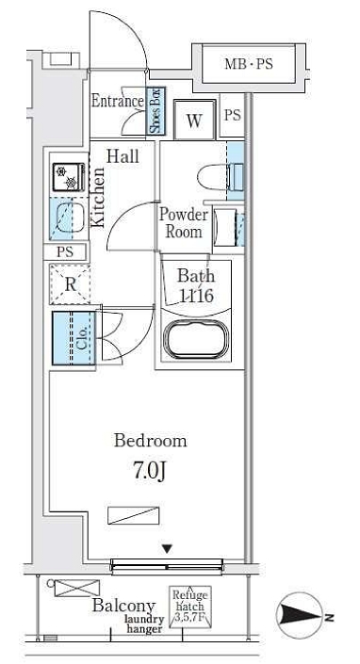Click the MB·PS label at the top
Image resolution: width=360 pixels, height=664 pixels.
click(x=249, y=64)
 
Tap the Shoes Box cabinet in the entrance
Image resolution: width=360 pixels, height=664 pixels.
click(x=155, y=111)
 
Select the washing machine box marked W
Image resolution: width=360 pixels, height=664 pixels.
click(x=194, y=121)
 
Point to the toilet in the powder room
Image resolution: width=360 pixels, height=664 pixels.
click(x=221, y=175)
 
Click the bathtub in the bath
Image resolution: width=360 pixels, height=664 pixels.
click(x=196, y=340)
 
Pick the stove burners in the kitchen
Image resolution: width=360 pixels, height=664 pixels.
click(x=69, y=177)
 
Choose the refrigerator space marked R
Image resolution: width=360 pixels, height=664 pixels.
click(x=70, y=284)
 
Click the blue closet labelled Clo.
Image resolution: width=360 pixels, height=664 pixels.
click(x=74, y=338)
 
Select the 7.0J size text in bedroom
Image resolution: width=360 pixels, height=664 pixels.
click(x=149, y=471)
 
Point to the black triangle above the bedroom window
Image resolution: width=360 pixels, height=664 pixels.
click(x=168, y=549)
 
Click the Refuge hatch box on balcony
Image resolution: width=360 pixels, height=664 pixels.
click(x=190, y=607)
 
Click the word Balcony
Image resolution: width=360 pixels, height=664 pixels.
click(x=123, y=606)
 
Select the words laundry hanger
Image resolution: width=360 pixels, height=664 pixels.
click(x=144, y=624)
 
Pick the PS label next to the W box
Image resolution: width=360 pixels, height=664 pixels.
click(x=232, y=115)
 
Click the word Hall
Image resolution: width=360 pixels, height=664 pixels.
click(x=123, y=156)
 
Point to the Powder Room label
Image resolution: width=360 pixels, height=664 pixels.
click(x=184, y=222)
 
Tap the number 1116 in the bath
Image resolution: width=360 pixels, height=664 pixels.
click(x=197, y=295)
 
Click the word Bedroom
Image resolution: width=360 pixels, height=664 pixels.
click(x=151, y=441)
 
